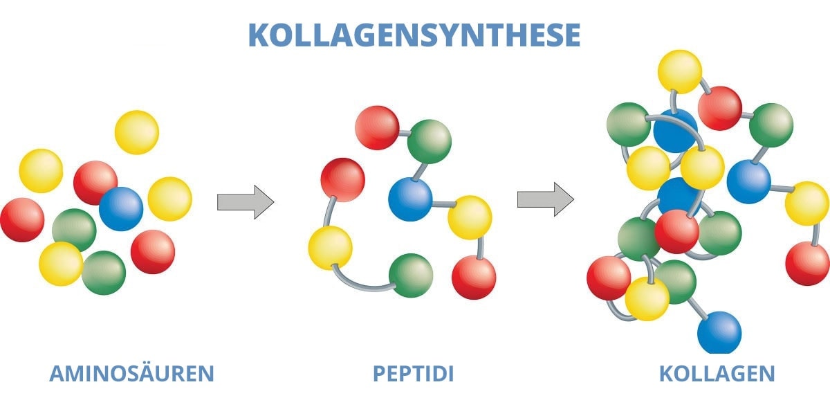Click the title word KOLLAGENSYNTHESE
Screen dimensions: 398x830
[x=414, y=35]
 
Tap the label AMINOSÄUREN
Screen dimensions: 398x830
[x=131, y=374]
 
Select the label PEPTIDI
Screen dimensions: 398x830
[x=414, y=374]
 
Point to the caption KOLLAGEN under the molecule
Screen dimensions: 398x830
[x=717, y=374]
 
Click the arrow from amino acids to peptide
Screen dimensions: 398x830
[x=246, y=202]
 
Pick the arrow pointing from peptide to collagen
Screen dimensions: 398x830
[x=545, y=199]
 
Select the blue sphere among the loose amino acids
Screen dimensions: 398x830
[x=121, y=208]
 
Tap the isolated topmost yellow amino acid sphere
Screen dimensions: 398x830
[x=137, y=132]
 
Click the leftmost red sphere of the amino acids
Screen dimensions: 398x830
[x=21, y=220]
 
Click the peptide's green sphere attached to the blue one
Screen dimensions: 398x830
[x=429, y=141]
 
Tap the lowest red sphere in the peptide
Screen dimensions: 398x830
[x=474, y=278]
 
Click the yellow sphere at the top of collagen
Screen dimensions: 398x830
[x=679, y=71]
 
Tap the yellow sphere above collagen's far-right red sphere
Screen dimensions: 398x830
[x=806, y=203]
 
